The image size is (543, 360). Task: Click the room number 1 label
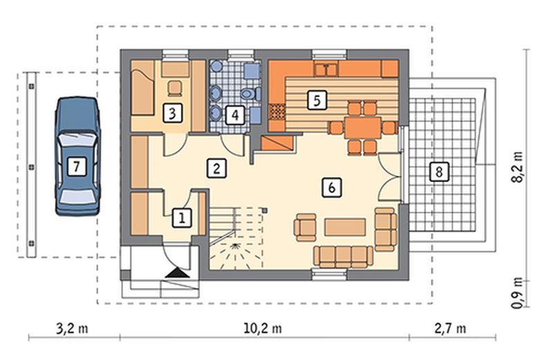[x=182, y=217]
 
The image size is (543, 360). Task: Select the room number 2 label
[x=217, y=168]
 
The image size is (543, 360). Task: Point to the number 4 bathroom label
[x=235, y=115]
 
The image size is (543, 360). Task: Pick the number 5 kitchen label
[x=317, y=100]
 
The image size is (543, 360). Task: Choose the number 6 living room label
[x=332, y=188]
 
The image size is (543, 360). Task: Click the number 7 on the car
[x=77, y=167]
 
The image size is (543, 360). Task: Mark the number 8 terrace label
[x=439, y=171]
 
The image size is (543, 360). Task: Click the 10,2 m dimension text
[x=262, y=328]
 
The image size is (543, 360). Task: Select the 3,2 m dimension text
[x=72, y=328]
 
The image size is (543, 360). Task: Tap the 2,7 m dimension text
[x=450, y=328]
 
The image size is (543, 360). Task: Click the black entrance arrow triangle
[x=177, y=273]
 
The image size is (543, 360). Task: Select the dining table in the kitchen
[x=362, y=128]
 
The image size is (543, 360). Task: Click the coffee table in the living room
[x=345, y=226]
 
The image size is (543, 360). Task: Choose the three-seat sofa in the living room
[x=343, y=257]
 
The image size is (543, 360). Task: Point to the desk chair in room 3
[x=175, y=88]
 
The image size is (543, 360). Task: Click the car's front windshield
[x=77, y=140]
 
